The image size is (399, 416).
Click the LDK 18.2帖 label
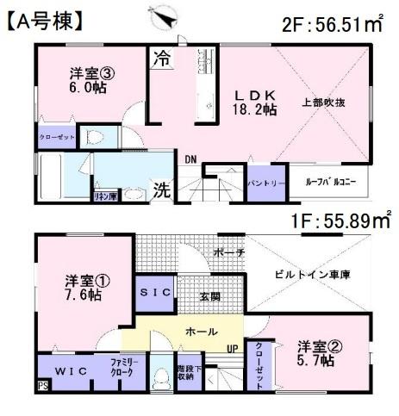[256, 102]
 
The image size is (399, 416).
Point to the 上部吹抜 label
[324, 102]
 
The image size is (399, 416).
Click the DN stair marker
[189, 158]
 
